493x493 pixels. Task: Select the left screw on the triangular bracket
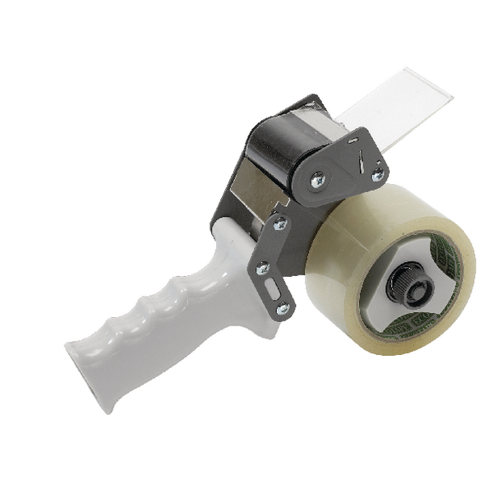point(317,179)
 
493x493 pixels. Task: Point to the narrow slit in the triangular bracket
point(358,164)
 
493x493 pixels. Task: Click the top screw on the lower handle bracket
point(279,223)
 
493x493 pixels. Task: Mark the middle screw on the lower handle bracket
point(263,267)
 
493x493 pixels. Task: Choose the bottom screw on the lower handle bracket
point(282,308)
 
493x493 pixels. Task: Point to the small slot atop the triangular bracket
point(354,141)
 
